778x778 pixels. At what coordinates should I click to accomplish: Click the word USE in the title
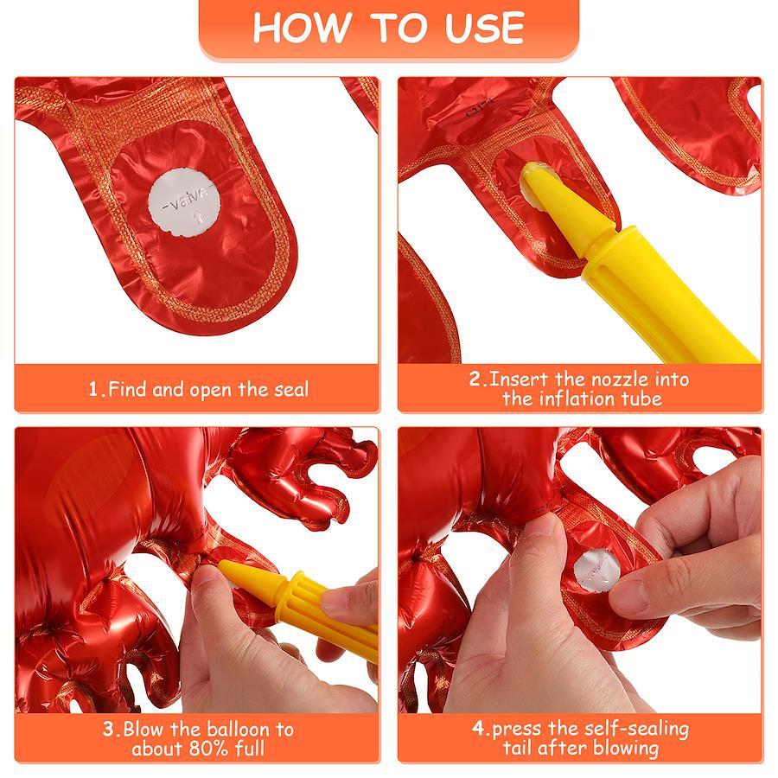484,28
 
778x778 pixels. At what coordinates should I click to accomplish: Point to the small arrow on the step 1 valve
198,217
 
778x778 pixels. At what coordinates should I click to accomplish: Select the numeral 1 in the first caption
93,390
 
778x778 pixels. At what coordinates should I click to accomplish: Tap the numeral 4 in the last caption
478,729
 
